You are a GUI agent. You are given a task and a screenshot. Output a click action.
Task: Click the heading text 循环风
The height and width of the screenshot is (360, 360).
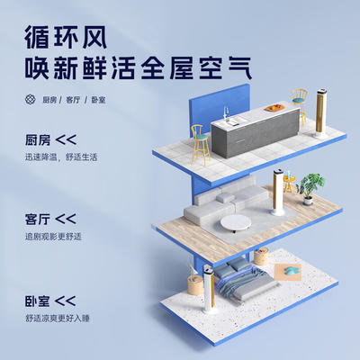tap(66, 38)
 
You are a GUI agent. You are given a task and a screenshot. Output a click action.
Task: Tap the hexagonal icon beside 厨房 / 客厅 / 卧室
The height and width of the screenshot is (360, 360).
tap(31, 99)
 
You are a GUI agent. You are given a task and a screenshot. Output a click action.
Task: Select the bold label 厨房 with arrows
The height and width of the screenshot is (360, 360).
tap(50, 140)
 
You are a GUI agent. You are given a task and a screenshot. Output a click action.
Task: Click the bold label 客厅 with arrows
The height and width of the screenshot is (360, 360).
tap(50, 219)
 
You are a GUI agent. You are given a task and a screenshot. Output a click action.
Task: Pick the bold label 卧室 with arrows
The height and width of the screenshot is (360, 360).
tap(50, 301)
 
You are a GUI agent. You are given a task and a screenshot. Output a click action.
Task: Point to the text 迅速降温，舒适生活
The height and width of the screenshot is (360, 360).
tap(61, 157)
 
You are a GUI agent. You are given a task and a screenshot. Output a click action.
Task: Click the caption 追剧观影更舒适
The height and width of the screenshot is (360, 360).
tap(53, 237)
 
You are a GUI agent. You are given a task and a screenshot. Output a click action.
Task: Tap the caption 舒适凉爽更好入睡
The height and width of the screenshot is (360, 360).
tap(58, 318)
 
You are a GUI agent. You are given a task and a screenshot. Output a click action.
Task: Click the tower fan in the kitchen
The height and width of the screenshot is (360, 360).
tap(319, 112)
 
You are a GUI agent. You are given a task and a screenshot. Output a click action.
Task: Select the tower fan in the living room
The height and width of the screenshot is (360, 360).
tap(277, 193)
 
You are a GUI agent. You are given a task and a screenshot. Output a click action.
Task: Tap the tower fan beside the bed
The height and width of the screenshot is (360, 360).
tap(209, 289)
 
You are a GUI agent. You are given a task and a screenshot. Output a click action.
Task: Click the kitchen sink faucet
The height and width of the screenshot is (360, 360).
tap(227, 113)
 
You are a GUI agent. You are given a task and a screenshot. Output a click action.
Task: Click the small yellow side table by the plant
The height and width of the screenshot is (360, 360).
tap(288, 183)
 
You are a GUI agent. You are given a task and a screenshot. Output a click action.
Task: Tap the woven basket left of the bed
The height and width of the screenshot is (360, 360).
tap(195, 284)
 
